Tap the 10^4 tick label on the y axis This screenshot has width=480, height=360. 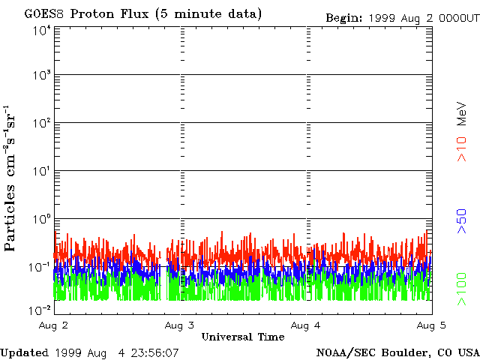(x=40, y=30)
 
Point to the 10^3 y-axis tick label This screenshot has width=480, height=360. (x=40, y=76)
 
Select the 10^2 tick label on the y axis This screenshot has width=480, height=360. (x=40, y=124)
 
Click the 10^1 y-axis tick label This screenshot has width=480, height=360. (x=40, y=172)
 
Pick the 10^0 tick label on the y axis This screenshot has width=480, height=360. (x=40, y=220)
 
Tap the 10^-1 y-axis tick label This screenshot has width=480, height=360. (x=39, y=267)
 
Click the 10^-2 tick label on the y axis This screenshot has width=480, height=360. (x=39, y=310)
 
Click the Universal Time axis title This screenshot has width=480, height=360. (x=242, y=337)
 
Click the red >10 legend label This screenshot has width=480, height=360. (x=463, y=148)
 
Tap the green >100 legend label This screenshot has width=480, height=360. (x=463, y=289)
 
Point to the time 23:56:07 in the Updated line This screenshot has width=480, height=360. (x=154, y=352)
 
